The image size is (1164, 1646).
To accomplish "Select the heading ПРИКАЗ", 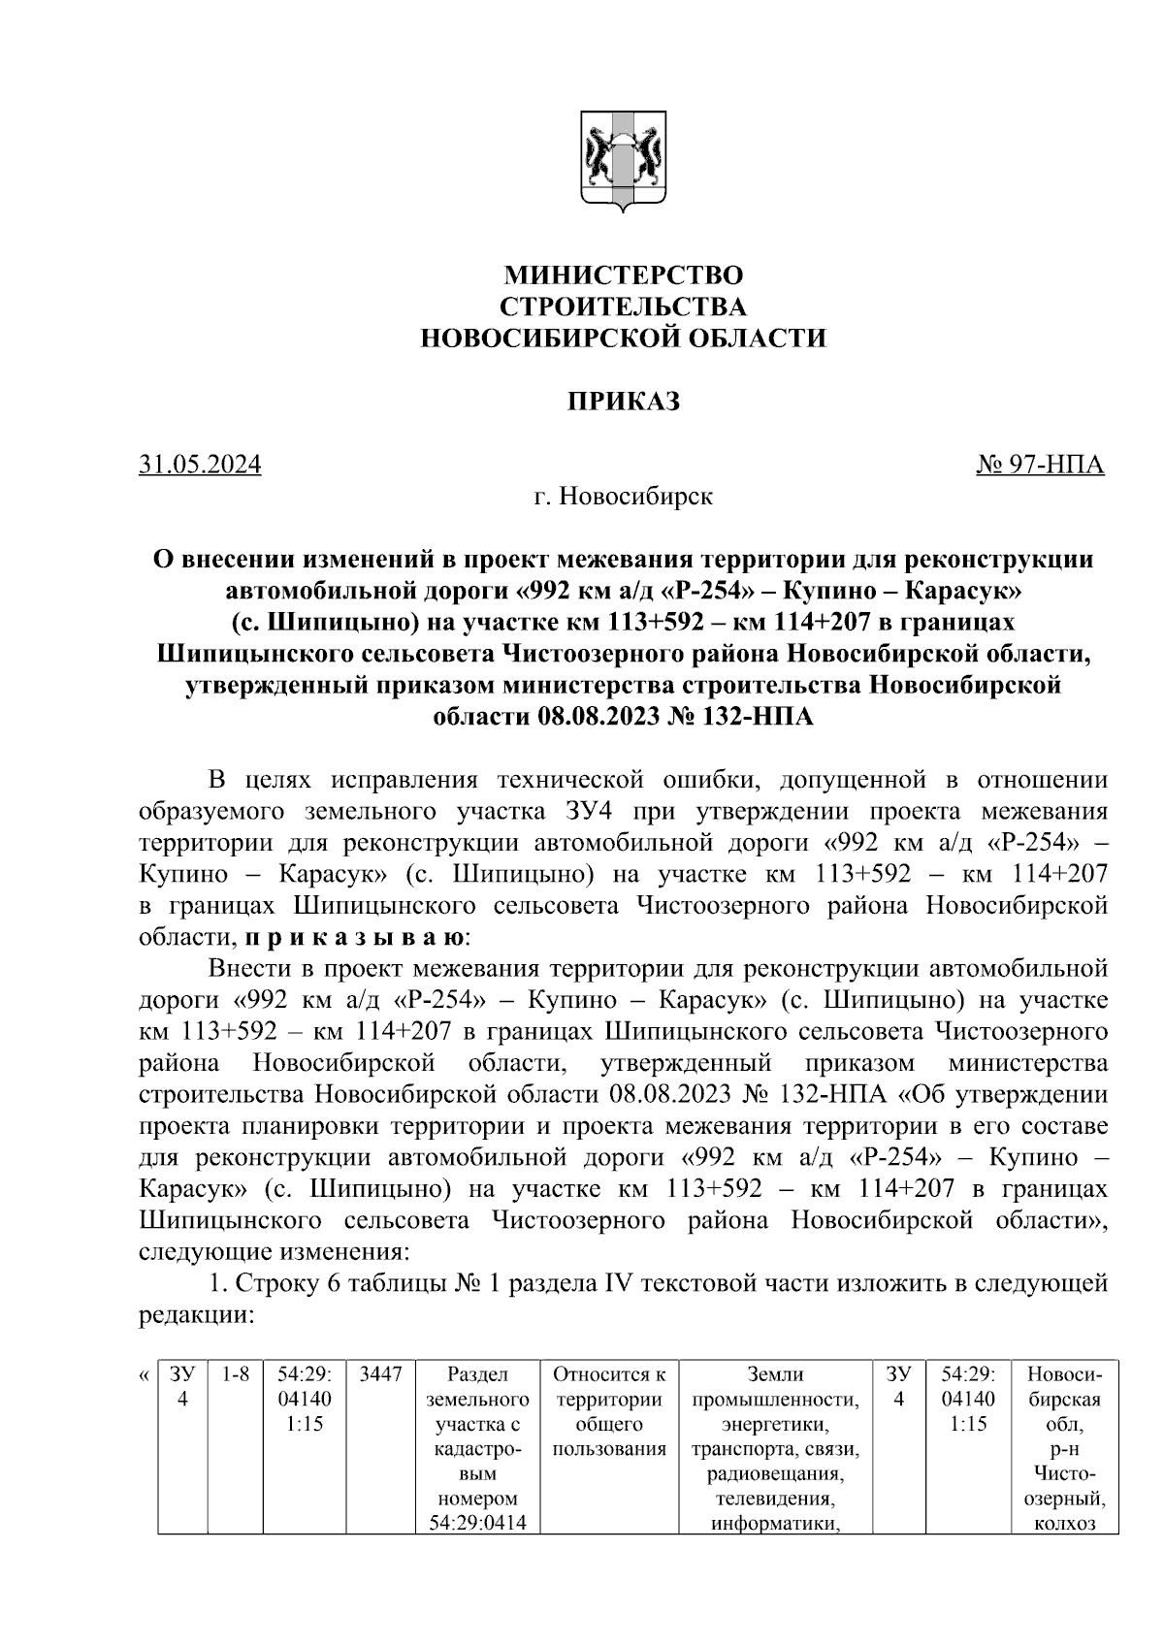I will [x=623, y=402].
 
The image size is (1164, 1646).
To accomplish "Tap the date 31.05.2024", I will [x=200, y=465].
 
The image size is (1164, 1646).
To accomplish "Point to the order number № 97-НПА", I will [x=1040, y=465].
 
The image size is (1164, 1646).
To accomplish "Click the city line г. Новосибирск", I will [x=623, y=497].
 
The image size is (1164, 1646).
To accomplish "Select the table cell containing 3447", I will [x=380, y=1374].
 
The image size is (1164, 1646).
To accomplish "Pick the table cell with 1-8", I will [x=236, y=1374].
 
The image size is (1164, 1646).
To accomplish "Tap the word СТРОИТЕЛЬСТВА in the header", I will [x=623, y=307].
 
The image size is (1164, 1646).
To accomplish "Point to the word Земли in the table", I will [x=775, y=1374].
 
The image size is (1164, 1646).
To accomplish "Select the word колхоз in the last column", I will [x=1065, y=1523].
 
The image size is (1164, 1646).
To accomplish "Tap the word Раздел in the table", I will [x=477, y=1374].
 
